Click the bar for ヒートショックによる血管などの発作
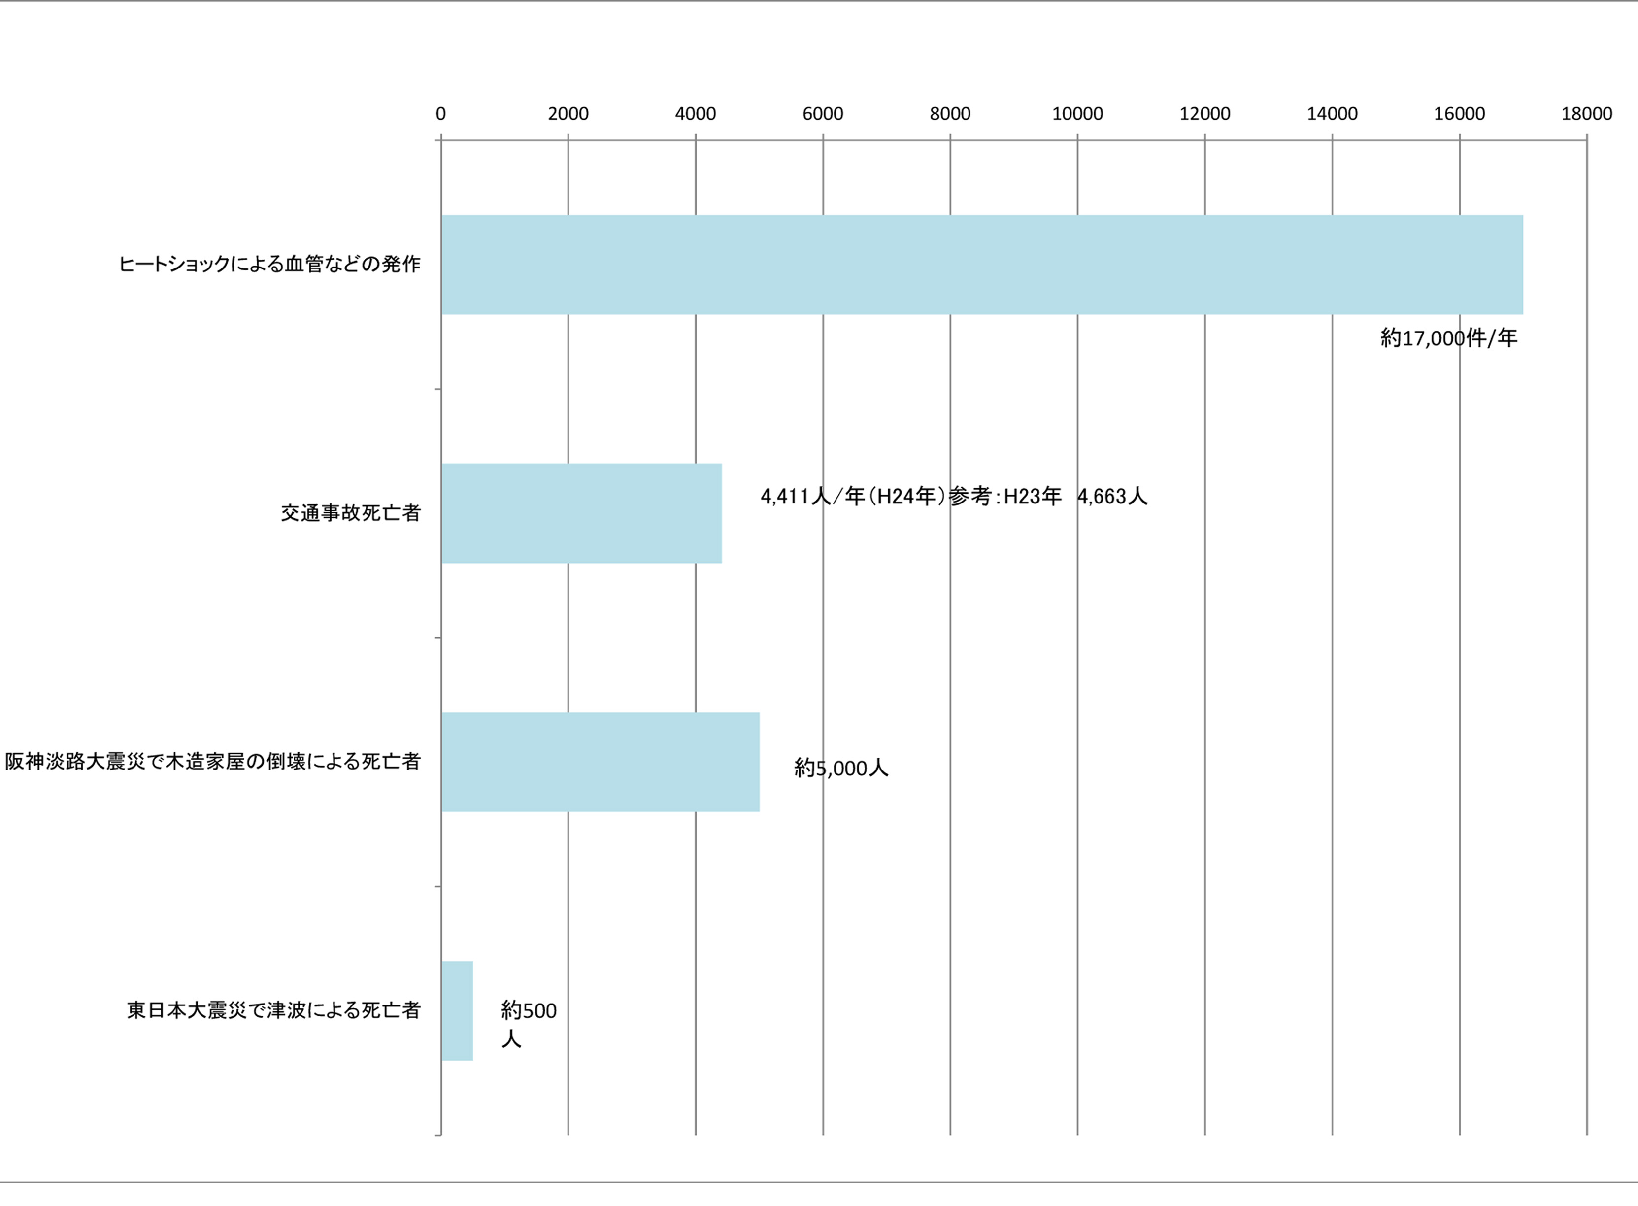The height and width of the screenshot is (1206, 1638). pos(982,265)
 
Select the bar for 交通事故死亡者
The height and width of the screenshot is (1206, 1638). pos(581,513)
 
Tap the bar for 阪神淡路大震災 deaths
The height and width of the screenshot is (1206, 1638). pos(600,762)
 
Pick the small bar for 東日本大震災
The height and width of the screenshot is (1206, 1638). pos(457,1011)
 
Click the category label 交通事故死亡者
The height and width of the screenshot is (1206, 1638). pos(351,513)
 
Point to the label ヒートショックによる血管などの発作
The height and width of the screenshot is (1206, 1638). pos(270,264)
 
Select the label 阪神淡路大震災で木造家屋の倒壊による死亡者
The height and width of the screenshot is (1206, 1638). pos(213,762)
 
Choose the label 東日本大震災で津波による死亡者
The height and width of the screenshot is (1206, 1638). pos(274,1010)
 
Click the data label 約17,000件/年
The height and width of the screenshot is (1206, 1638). pos(1448,338)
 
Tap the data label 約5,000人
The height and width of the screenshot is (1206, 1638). pos(841,768)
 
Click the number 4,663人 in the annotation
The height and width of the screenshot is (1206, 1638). pos(1112,497)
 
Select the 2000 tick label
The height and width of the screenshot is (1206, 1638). pos(568,114)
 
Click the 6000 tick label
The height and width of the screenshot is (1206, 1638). pos(823,114)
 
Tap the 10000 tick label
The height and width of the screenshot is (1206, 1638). pos(1077,114)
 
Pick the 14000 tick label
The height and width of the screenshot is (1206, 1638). pos(1332,114)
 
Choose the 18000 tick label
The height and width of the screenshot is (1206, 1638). pos(1587,114)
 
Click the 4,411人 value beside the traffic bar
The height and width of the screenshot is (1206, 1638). pos(796,497)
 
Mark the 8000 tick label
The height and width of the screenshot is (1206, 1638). pos(950,114)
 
